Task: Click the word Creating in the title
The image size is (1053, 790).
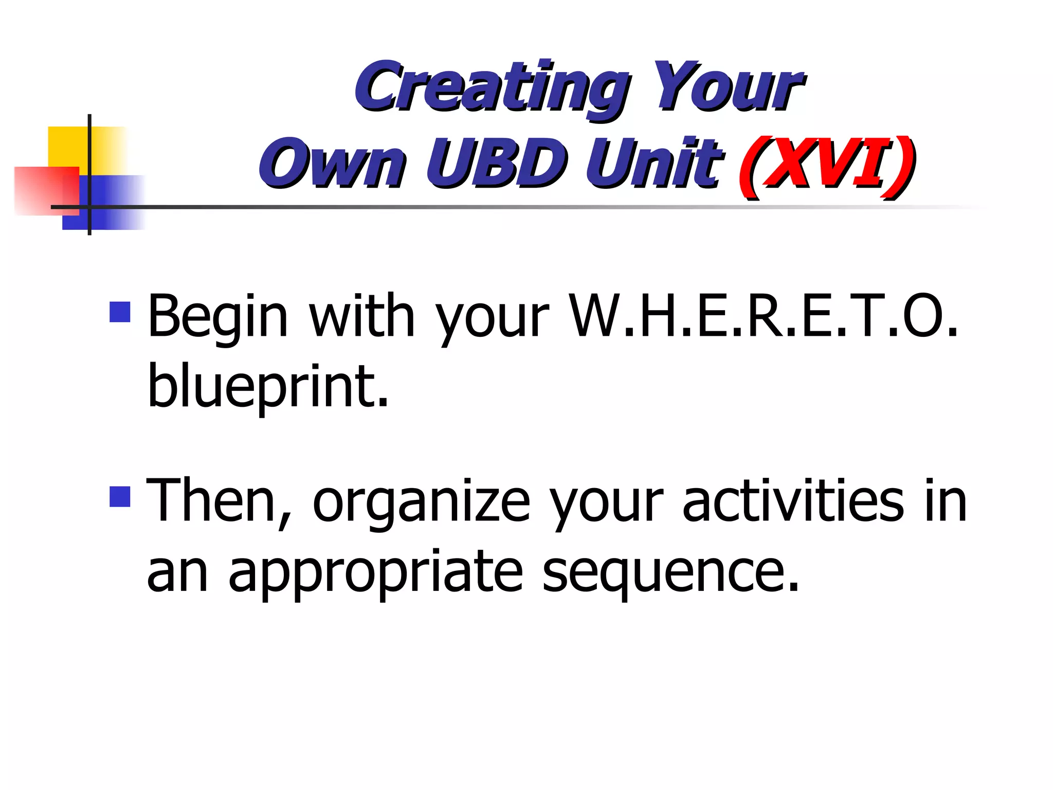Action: point(491,86)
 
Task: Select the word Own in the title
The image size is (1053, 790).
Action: point(332,164)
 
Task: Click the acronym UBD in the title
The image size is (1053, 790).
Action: point(496,164)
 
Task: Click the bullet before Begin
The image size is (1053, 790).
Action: point(120,312)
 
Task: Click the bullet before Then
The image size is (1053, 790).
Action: point(120,496)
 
